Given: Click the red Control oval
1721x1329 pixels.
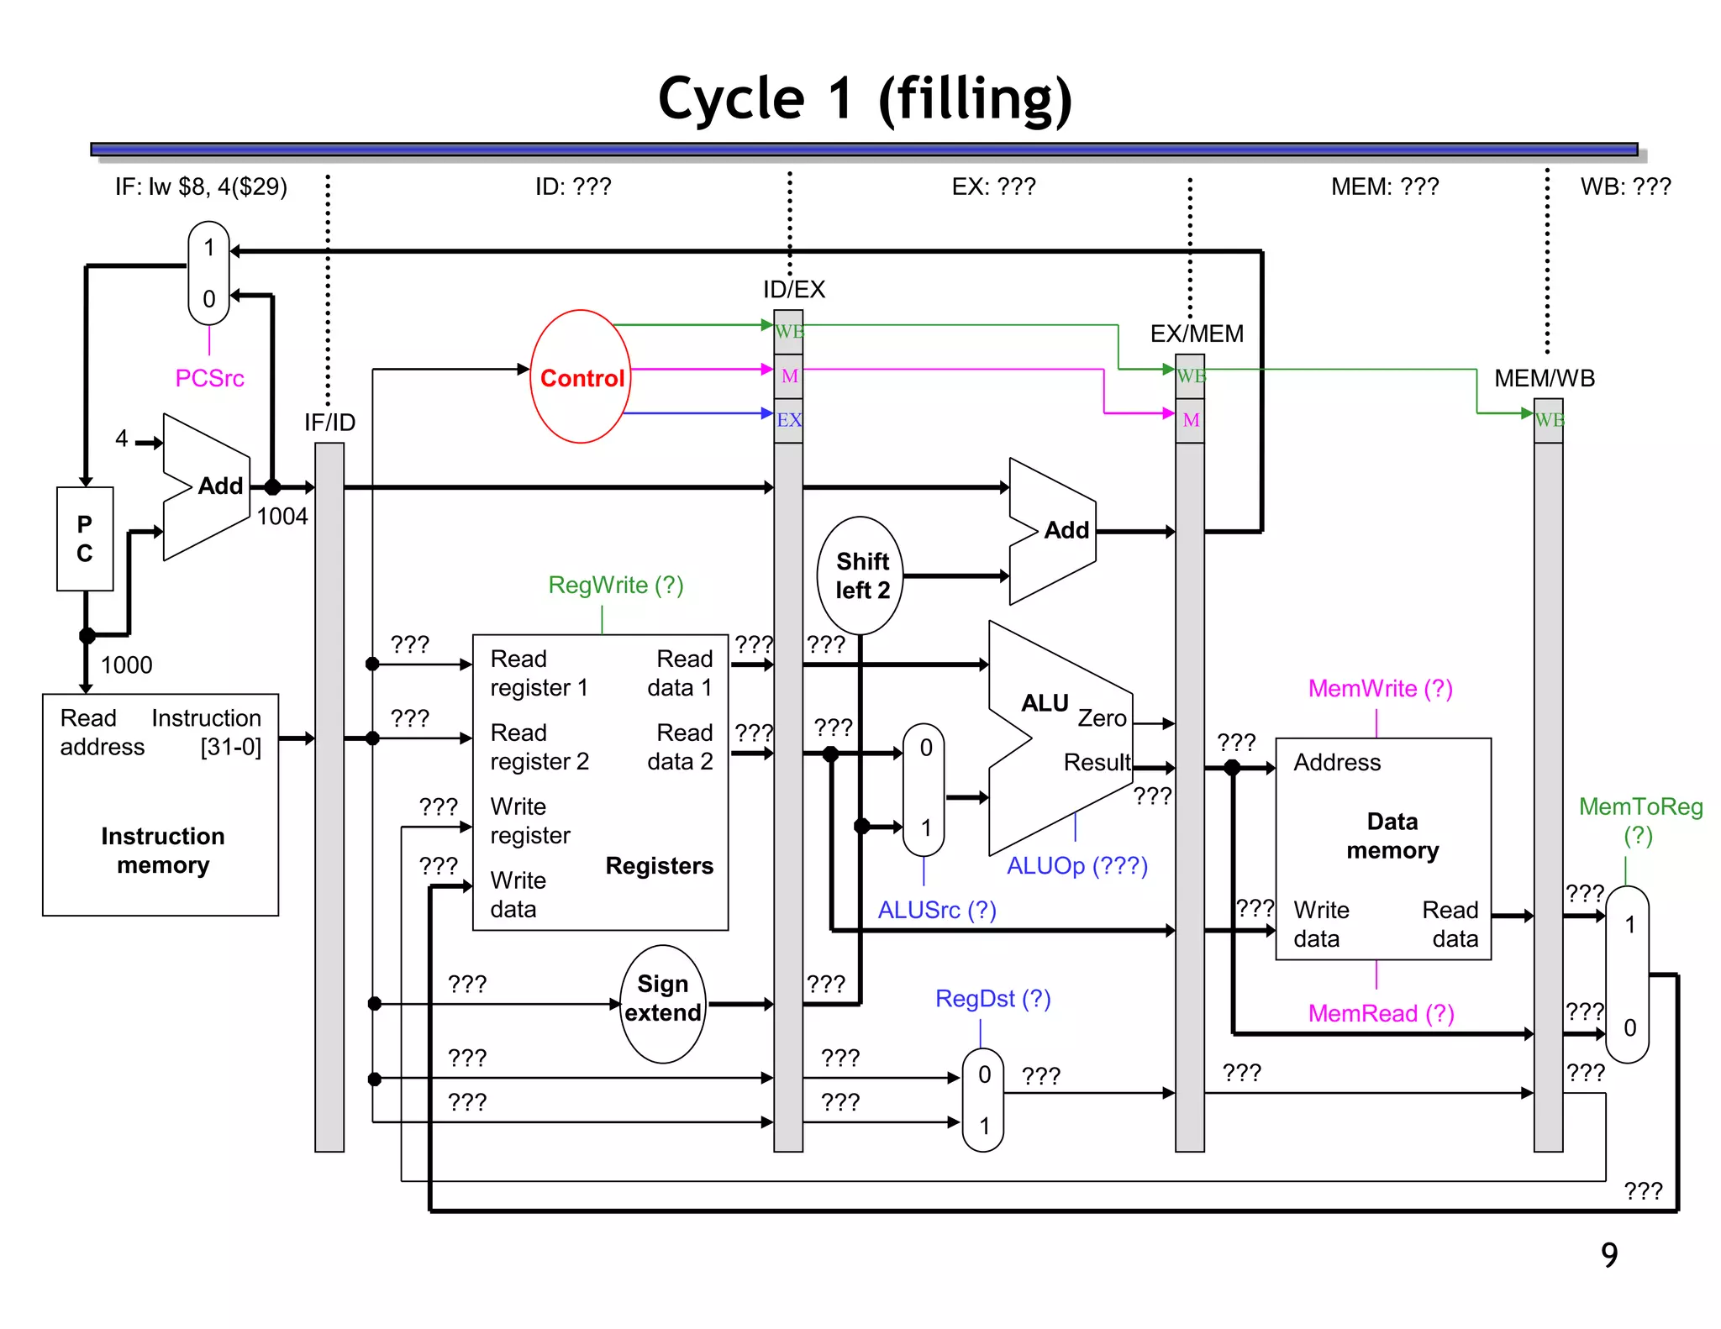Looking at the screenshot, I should click(x=581, y=377).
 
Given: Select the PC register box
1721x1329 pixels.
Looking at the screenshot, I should click(x=85, y=538).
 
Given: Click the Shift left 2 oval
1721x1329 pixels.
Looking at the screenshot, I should click(x=860, y=575).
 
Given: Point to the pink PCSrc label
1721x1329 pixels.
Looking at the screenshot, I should click(x=209, y=378).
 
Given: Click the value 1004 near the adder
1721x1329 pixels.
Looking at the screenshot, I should click(x=282, y=516).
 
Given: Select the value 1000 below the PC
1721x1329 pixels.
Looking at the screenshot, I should click(x=127, y=664).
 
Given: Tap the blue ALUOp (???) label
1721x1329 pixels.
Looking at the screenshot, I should click(x=1077, y=865).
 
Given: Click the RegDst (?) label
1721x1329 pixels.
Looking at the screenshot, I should click(x=992, y=998).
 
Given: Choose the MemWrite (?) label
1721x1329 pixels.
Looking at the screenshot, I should click(x=1380, y=689).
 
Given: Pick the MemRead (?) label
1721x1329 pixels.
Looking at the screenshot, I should click(x=1381, y=1013).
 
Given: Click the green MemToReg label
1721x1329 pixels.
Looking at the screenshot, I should click(x=1640, y=807).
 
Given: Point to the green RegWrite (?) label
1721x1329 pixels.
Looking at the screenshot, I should click(x=616, y=585).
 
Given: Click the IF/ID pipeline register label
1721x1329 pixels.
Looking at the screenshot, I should click(x=329, y=422).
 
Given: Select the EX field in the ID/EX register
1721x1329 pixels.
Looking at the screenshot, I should click(x=788, y=420).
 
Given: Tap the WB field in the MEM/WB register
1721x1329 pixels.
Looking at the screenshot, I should click(x=1548, y=420).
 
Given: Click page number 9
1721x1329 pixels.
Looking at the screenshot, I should click(x=1608, y=1255).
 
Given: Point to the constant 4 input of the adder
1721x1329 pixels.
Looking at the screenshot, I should click(x=122, y=438).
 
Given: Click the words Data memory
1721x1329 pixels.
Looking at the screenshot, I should click(x=1392, y=836).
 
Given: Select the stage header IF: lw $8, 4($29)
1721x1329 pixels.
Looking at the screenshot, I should click(x=201, y=186).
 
